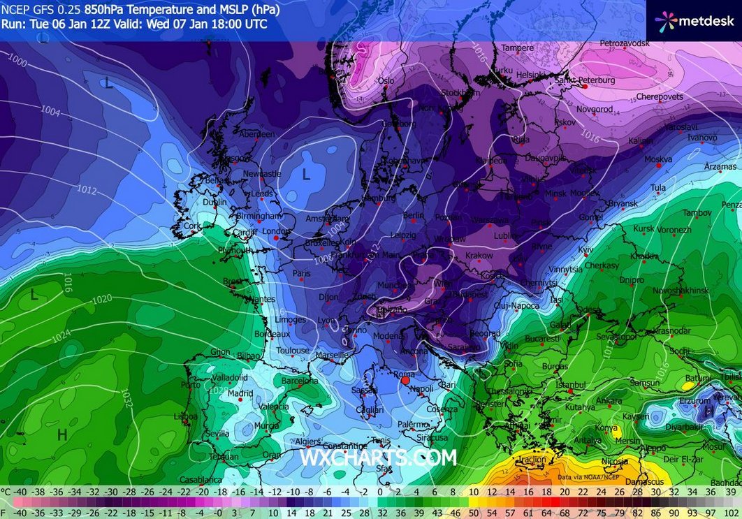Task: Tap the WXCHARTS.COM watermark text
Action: [378, 458]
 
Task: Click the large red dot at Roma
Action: [405, 381]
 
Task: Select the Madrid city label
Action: [240, 393]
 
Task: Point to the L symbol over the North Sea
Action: [305, 175]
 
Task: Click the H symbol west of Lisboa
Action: [62, 435]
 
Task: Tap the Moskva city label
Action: [657, 159]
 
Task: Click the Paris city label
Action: [301, 273]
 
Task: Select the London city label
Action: [275, 231]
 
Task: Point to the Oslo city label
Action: [386, 80]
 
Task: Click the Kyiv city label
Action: [585, 249]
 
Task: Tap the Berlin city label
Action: [414, 216]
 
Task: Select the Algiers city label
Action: [308, 441]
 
